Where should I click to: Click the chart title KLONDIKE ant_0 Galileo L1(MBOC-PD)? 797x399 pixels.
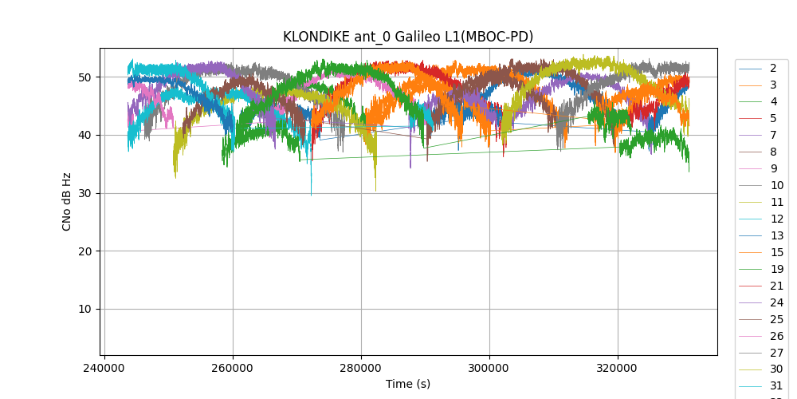coord(408,37)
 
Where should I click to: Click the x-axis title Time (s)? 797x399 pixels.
coord(408,384)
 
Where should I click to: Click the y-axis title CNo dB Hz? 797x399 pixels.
coord(67,202)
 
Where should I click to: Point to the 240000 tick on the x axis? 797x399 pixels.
coord(105,369)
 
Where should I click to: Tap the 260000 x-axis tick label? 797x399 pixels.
coord(233,369)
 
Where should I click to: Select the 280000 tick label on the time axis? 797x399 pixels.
coord(361,369)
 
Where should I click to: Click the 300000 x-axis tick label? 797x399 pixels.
coord(489,369)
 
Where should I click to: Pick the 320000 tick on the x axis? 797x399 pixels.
coord(618,369)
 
